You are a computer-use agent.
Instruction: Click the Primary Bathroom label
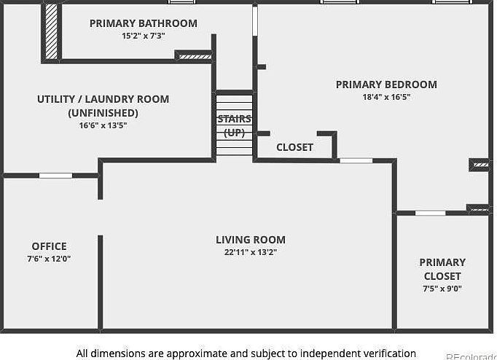point(143,23)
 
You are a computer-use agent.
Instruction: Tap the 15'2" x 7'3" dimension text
point(143,36)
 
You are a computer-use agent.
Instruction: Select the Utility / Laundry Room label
point(103,99)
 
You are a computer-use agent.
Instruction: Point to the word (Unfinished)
point(103,113)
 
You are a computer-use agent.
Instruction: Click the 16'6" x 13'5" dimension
point(103,125)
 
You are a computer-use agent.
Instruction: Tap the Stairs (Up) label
point(234,125)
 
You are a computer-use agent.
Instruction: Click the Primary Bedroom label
point(386,85)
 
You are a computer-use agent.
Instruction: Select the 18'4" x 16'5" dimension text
point(386,97)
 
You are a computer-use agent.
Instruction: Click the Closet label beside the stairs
point(294,147)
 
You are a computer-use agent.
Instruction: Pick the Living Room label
point(250,240)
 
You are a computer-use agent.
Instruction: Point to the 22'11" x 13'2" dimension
point(250,252)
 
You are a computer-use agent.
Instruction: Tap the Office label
point(49,246)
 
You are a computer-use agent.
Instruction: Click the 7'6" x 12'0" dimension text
point(49,259)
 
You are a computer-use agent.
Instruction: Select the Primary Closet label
point(442,269)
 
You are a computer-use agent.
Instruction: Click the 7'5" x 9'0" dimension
point(442,289)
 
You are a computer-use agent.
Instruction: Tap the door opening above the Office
point(55,176)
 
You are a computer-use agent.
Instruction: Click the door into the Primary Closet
point(430,213)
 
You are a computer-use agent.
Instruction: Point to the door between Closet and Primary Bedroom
point(356,160)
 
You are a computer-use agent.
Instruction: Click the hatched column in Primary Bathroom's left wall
point(52,31)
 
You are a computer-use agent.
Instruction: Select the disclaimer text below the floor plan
point(246,353)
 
